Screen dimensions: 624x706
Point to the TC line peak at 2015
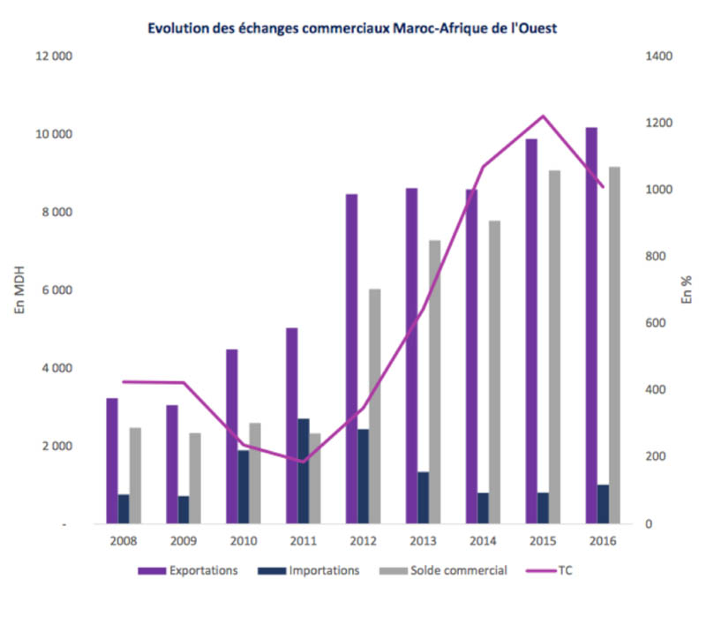click(544, 116)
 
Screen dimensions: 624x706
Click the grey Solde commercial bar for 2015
click(554, 347)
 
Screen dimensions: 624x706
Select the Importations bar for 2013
click(423, 498)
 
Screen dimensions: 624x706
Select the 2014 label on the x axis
click(484, 541)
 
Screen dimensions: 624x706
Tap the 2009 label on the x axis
click(184, 541)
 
